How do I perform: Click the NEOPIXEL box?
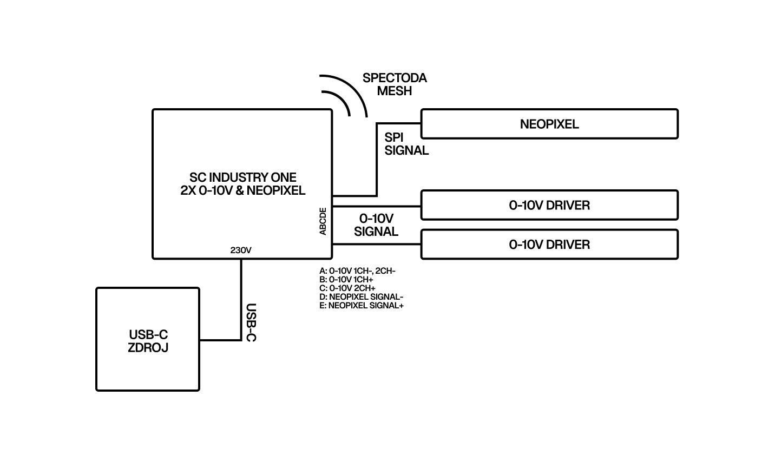click(549, 124)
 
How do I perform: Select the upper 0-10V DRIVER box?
click(549, 205)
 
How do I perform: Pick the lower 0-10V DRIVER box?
click(549, 245)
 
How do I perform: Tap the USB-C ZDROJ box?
click(148, 339)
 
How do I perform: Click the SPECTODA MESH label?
click(395, 84)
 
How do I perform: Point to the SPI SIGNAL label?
click(406, 143)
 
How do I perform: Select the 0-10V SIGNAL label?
click(376, 225)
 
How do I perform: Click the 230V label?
click(241, 250)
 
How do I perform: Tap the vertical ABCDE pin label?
click(323, 221)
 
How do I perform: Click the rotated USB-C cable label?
click(251, 322)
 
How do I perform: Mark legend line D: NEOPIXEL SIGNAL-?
click(362, 296)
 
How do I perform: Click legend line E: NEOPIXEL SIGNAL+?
click(362, 305)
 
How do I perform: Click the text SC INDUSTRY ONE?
click(243, 177)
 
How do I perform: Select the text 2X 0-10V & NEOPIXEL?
click(243, 190)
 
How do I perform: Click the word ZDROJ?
click(148, 347)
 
